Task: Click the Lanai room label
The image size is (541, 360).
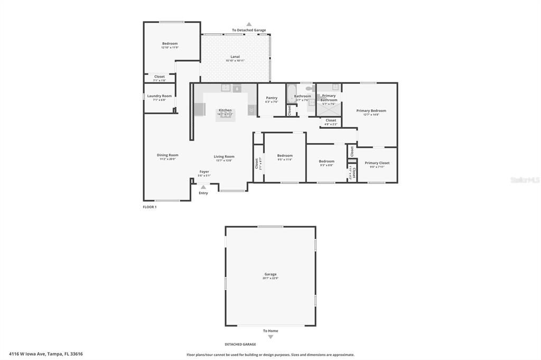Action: pos(235,56)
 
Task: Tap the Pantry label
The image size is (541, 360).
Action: pos(272,98)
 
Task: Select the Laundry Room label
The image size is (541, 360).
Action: pos(159,96)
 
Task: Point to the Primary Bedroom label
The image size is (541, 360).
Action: pos(371,111)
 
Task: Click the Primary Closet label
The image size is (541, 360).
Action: pos(377,163)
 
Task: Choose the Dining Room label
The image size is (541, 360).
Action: pos(167,155)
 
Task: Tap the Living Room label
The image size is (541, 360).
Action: pos(224,156)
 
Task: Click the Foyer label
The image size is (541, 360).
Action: pos(204,172)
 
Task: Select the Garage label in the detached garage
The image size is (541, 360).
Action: pos(270,274)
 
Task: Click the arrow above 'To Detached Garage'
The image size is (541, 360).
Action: pos(249,24)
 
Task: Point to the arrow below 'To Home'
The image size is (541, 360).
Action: pos(270,337)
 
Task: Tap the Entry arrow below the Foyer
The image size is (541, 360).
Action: pos(203,187)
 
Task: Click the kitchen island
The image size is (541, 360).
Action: pos(226,115)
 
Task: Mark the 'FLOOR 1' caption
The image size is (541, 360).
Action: pos(150,207)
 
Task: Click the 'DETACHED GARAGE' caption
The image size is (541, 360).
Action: pos(240,344)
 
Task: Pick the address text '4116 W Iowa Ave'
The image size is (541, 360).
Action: pos(28,354)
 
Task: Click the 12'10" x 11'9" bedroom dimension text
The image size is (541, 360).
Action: pos(170,48)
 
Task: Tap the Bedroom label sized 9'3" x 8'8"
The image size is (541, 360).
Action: pos(327,161)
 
